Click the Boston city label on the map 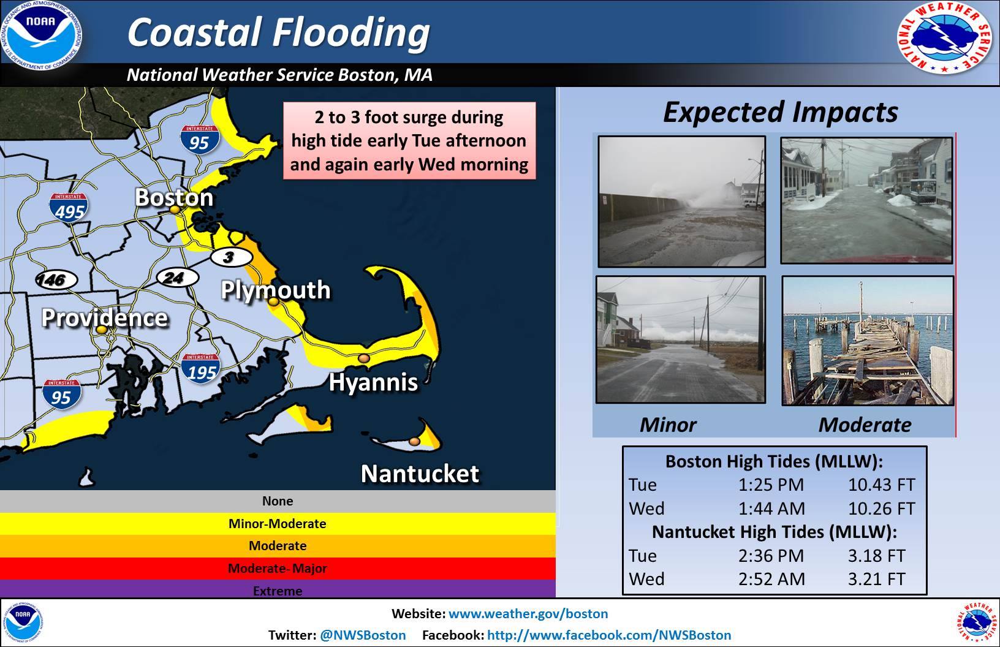174,197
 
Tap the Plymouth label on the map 276,290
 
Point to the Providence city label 105,318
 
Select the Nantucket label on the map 420,474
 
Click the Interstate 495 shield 68,208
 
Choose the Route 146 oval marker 56,280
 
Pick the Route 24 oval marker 177,278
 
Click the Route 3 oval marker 231,257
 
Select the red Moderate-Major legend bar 278,569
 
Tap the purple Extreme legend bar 278,589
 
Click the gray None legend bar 278,501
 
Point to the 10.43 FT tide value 881,485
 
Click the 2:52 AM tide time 771,579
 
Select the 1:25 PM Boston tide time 771,485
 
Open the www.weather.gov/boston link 528,613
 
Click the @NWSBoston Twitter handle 363,635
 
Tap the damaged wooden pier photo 868,341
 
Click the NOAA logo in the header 42,36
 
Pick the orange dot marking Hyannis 364,358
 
